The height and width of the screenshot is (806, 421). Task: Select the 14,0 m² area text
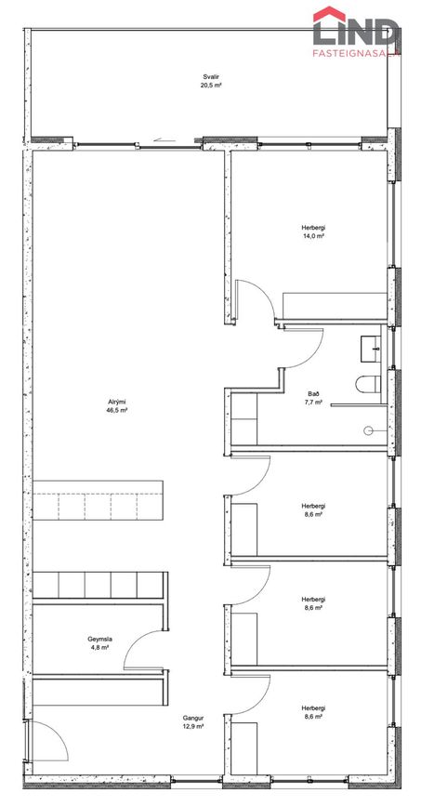pyautogui.click(x=313, y=236)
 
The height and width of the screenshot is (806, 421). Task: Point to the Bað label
pyautogui.click(x=313, y=393)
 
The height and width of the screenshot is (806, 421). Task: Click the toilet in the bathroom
pyautogui.click(x=368, y=383)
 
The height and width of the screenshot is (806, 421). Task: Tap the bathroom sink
pyautogui.click(x=371, y=348)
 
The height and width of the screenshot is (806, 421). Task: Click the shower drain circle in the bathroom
pyautogui.click(x=369, y=430)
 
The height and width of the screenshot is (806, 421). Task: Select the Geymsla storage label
pyautogui.click(x=99, y=640)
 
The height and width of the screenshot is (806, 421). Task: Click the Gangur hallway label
pyautogui.click(x=192, y=718)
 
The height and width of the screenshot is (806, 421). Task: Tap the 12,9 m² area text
pyautogui.click(x=192, y=726)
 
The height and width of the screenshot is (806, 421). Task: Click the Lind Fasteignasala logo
pyautogui.click(x=356, y=31)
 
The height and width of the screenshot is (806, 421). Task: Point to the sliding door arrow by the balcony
pyautogui.click(x=161, y=139)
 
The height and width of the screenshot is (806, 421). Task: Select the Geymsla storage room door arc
pyautogui.click(x=132, y=641)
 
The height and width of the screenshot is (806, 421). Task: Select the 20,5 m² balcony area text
pyautogui.click(x=211, y=85)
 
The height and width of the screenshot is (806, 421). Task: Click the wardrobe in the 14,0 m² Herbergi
pyautogui.click(x=335, y=306)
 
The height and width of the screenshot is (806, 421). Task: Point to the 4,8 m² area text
pyautogui.click(x=99, y=648)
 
